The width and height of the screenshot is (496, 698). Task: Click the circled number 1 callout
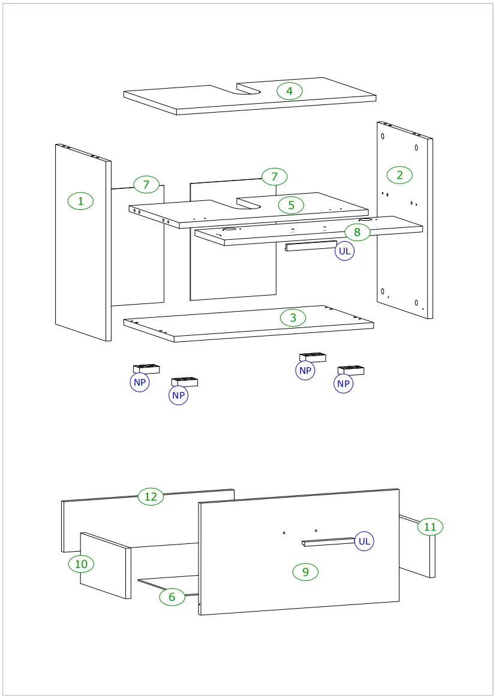tap(80, 201)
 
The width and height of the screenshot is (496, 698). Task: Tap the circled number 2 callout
tap(400, 175)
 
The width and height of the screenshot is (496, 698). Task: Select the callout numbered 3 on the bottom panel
tap(293, 318)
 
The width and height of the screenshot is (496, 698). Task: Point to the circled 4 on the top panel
tap(290, 91)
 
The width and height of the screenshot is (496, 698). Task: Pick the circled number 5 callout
tap(291, 205)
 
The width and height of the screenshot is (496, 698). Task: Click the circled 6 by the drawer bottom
tap(172, 597)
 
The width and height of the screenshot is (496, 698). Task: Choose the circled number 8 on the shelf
tap(357, 231)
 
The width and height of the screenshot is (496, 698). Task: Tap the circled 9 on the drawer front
tap(305, 572)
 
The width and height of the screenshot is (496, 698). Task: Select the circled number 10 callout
tap(81, 564)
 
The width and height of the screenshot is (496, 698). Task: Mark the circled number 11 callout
tap(430, 526)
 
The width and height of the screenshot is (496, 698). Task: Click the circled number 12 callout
tap(151, 497)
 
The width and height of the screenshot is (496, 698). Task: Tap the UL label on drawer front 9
tap(363, 541)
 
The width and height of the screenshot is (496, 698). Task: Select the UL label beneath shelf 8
tap(344, 251)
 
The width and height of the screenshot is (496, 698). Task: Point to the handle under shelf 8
tap(310, 245)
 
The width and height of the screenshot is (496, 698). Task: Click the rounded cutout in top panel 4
tap(248, 90)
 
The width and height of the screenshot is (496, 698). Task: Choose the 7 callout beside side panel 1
tap(146, 184)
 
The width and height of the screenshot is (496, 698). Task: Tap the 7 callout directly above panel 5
tap(275, 176)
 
